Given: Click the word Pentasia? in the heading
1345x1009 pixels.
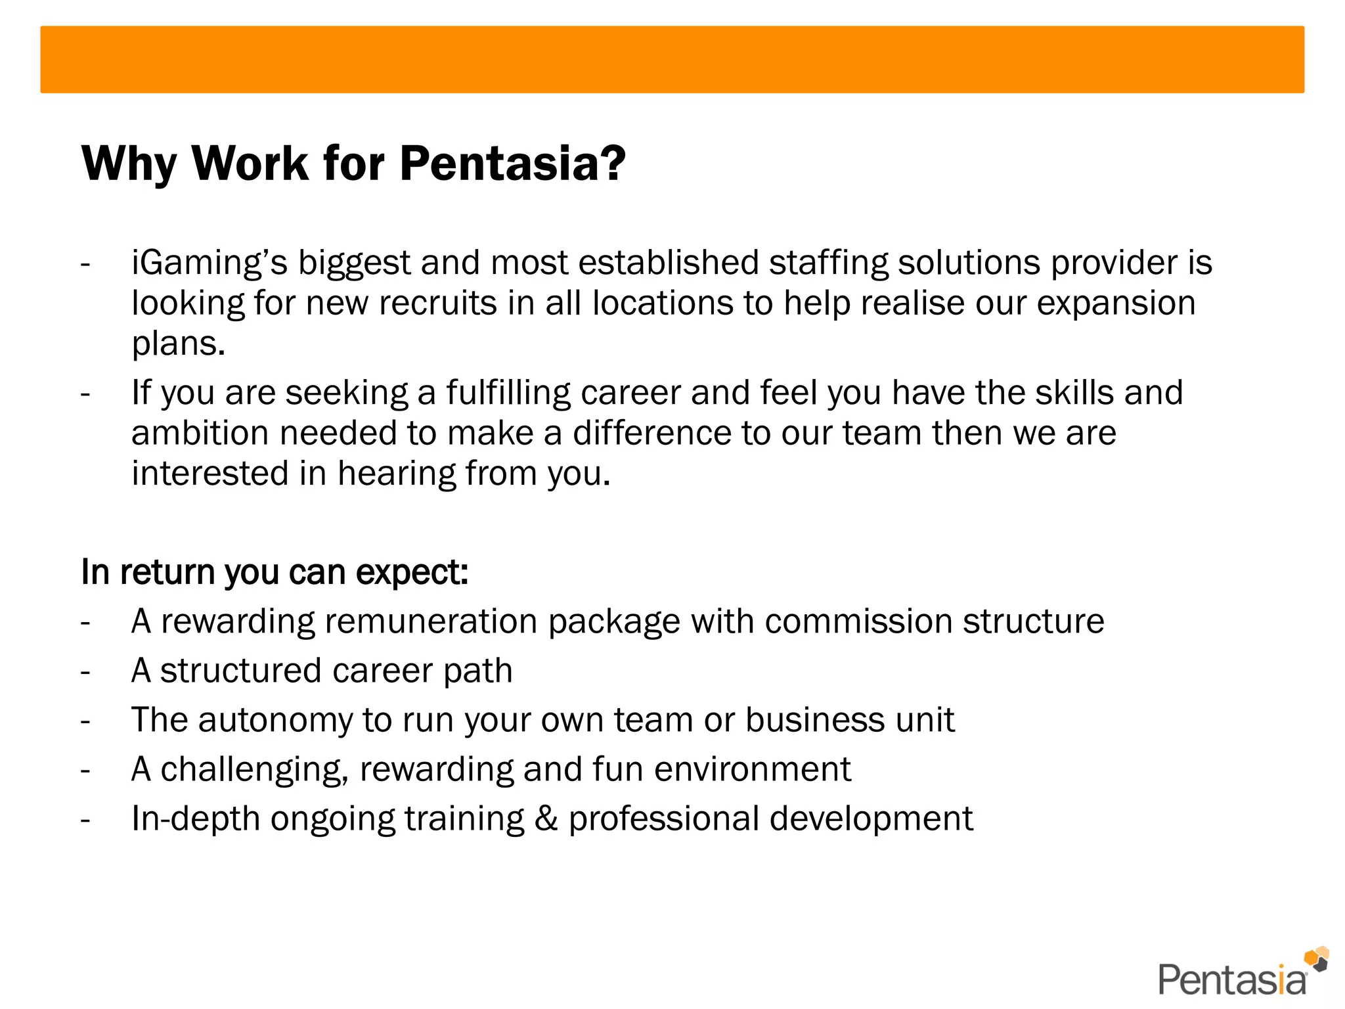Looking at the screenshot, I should click(512, 163).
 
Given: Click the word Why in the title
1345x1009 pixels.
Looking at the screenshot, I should click(129, 164).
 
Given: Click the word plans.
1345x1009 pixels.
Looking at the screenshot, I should click(178, 344).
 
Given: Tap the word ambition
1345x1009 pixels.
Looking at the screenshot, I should click(200, 434).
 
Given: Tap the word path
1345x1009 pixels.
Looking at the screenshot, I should click(477, 671).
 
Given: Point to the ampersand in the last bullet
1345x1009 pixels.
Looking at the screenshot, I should click(546, 819).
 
